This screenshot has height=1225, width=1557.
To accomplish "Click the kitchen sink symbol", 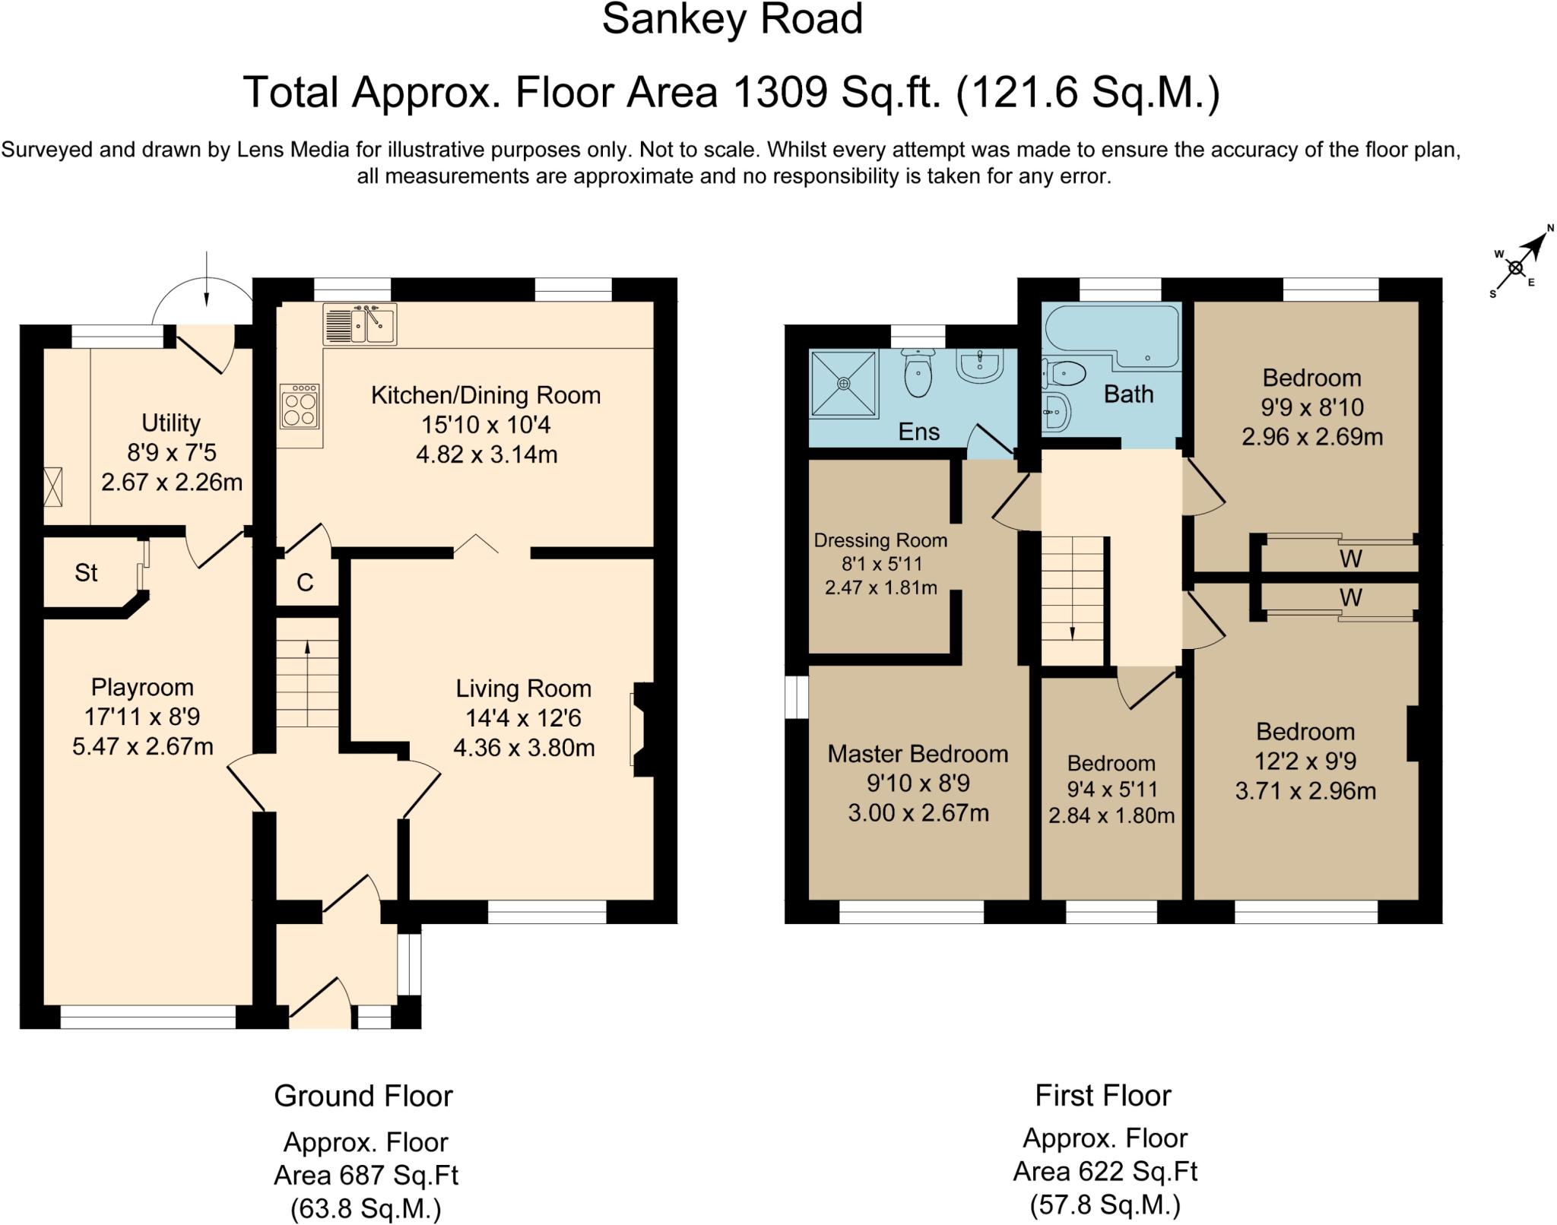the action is point(360,324).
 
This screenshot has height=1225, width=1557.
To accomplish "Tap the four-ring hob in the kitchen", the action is point(300,407).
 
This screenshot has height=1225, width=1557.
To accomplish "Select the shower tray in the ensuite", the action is point(844,384).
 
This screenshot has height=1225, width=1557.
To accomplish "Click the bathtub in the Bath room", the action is point(1112,337).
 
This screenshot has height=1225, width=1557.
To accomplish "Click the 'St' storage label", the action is point(86,572).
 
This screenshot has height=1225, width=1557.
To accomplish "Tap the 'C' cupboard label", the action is point(305,583).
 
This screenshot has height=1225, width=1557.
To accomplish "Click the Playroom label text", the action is point(142,687).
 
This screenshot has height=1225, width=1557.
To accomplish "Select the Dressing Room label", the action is point(880,540).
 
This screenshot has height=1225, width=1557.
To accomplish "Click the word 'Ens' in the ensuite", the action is point(918,432).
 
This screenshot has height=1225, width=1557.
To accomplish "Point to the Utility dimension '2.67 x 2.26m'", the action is point(172,482).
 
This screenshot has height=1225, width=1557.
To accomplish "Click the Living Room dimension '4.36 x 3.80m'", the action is point(524,748).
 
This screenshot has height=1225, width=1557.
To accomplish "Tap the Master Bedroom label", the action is point(918,754).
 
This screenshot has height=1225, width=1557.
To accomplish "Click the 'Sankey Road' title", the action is point(732,19).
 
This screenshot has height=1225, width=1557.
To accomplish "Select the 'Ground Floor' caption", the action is point(363,1096).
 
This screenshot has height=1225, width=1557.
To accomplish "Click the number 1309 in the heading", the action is point(779,93).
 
